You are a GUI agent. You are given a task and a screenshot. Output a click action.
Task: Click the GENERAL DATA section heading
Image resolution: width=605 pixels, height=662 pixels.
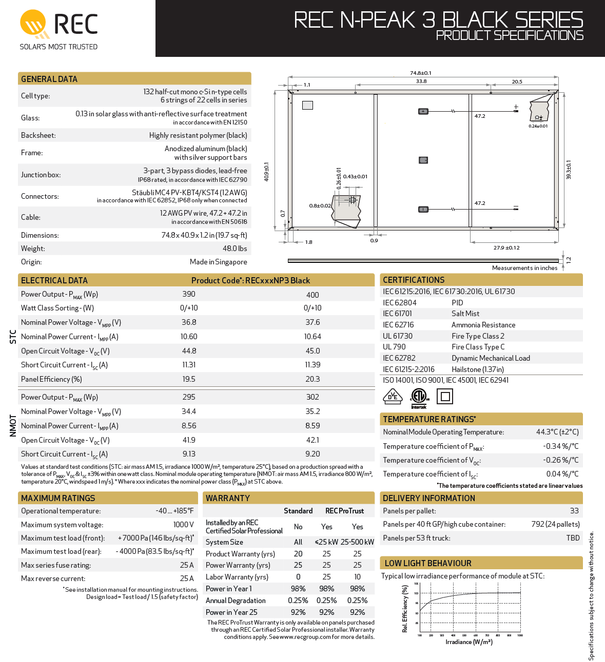49,79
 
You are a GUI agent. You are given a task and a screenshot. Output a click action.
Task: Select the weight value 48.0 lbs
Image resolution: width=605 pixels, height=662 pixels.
235,249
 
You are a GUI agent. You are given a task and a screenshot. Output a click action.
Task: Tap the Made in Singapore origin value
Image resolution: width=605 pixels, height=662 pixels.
218,262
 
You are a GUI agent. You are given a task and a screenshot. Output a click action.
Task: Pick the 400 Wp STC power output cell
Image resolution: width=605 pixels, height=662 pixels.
313,295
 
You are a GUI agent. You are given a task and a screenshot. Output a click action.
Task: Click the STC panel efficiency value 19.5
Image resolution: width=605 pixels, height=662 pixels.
189,379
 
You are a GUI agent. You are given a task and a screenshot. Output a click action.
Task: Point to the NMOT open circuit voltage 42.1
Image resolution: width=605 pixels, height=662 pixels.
313,440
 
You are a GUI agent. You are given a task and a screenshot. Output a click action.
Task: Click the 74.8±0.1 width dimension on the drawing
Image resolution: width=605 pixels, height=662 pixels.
421,73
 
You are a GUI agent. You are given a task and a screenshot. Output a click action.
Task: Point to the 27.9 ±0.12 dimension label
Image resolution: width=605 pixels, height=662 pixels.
506,248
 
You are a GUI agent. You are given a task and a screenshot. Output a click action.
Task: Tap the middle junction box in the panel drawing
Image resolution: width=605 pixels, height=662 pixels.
423,160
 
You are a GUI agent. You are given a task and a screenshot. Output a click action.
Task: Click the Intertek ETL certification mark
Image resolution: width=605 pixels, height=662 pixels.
419,397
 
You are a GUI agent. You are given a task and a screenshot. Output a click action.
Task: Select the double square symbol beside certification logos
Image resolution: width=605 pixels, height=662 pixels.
445,397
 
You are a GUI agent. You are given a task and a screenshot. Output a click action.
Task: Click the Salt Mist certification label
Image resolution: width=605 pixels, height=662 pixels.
465,314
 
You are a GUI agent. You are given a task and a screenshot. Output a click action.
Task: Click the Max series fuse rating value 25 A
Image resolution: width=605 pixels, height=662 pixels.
187,565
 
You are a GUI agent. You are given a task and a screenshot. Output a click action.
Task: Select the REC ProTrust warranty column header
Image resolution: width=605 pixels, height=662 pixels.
344,511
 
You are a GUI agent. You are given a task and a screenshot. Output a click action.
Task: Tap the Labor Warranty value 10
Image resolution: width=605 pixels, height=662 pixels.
357,577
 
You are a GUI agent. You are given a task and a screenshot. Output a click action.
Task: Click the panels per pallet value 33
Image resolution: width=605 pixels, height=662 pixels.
574,511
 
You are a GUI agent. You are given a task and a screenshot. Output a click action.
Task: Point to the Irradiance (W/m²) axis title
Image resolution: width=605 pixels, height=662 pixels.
469,642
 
